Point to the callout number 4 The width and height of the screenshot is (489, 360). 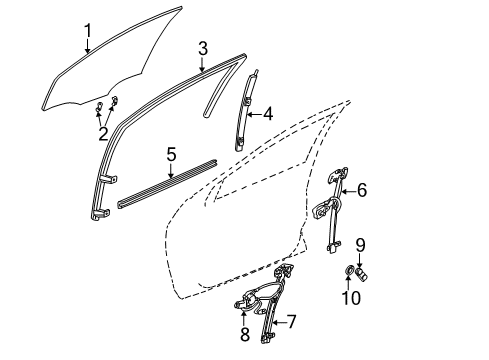pos(269,115)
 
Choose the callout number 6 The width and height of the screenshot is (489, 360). pos(362,187)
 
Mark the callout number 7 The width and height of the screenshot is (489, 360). pos(292,322)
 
